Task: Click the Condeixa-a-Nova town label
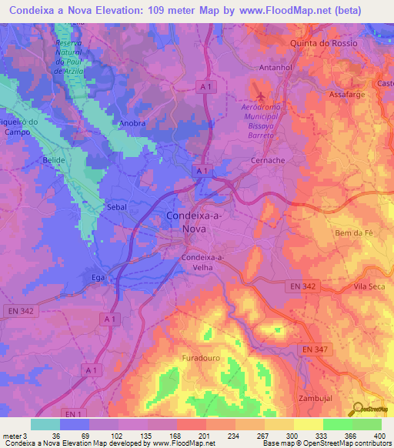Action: (195, 222)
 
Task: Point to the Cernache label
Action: (269, 160)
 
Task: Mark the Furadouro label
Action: (202, 359)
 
